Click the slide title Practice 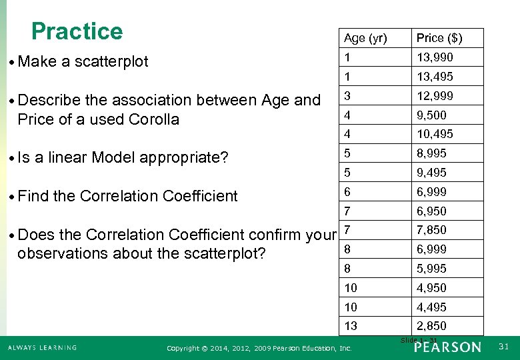[x=77, y=31]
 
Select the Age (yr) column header [x=365, y=38]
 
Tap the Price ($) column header [x=439, y=38]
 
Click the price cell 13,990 [x=435, y=57]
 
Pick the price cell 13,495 [x=435, y=77]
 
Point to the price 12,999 [x=435, y=96]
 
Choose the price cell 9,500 [x=431, y=115]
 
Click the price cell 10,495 [x=435, y=134]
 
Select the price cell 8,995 [x=431, y=153]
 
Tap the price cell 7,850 [x=431, y=230]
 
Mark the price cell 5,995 [x=431, y=269]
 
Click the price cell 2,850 [x=431, y=326]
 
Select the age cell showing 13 [x=351, y=326]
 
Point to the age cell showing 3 [x=347, y=96]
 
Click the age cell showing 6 [x=347, y=192]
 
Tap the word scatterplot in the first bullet [x=111, y=62]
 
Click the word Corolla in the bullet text [x=155, y=119]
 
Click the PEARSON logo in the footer [x=447, y=347]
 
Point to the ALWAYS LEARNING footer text [x=42, y=347]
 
